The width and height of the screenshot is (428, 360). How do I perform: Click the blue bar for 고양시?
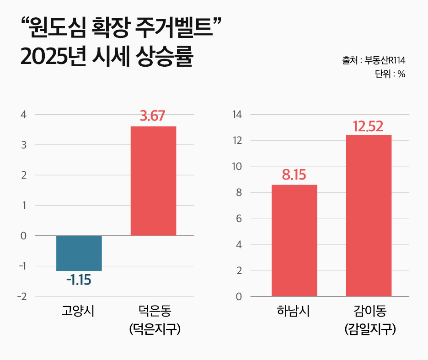coord(79,253)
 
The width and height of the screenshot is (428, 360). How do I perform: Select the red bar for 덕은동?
coord(153,181)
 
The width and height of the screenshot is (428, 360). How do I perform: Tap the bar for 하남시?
coord(294,240)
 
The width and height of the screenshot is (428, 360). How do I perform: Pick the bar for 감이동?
coord(369,216)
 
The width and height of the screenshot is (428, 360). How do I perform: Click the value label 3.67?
coord(152,116)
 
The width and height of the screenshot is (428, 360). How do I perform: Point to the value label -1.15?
coord(79,280)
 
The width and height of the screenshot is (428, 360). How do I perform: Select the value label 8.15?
coord(294,175)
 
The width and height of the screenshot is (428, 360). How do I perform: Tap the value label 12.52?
coord(368,126)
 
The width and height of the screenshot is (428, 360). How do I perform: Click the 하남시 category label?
coord(294,312)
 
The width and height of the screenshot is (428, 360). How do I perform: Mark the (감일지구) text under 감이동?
coord(369,328)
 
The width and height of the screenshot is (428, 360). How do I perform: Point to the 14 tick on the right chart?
coord(238,115)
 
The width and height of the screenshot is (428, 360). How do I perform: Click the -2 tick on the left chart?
coord(21,296)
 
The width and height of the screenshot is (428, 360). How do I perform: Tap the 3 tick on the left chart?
coord(23,145)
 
